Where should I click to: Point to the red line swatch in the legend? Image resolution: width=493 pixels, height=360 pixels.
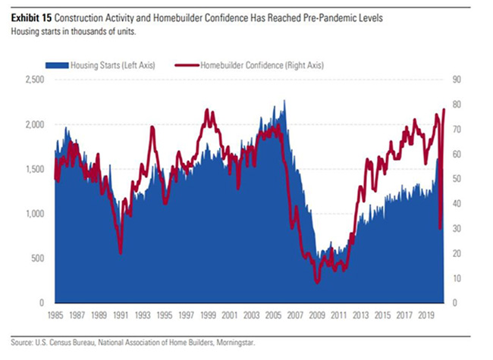coord(184,66)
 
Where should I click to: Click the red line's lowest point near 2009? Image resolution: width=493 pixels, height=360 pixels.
coord(317,282)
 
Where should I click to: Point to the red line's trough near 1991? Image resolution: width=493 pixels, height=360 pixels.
coord(120,253)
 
